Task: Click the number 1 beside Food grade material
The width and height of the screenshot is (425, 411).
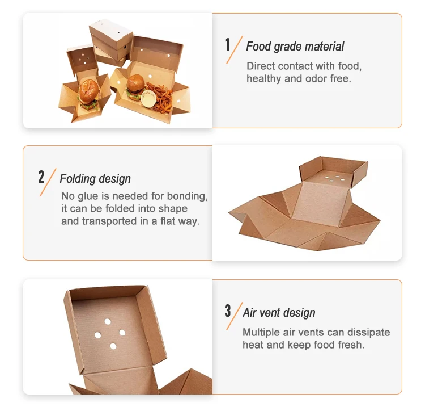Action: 228,45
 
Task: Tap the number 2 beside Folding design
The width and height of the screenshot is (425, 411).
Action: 41,177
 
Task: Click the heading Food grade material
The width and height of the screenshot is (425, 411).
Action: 295,47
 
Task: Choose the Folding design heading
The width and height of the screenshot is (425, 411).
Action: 95,179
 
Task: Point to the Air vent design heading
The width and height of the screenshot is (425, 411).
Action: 279,313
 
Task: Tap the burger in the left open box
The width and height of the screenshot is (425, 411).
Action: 87,94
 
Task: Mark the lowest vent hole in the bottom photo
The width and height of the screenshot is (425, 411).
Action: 113,346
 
